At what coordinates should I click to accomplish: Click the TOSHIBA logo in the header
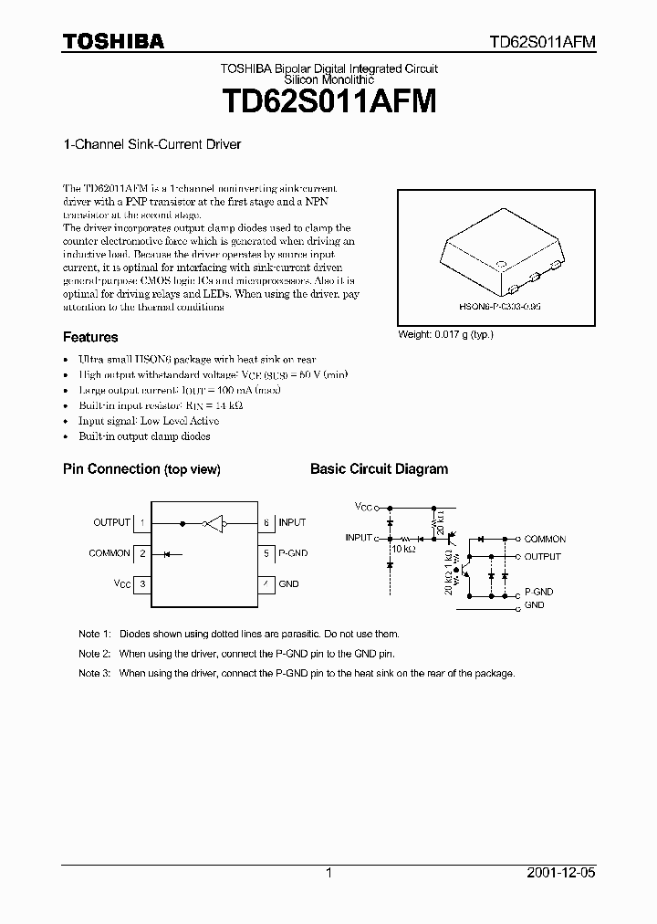coord(113,41)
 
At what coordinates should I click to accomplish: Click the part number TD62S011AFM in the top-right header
coord(543,42)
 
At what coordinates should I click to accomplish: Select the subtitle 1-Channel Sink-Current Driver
coord(151,144)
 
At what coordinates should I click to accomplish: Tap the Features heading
coord(90,337)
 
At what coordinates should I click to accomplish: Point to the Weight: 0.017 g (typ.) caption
coord(445,334)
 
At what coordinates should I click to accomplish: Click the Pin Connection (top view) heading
coord(141,469)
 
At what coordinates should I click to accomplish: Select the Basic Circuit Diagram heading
coord(379,469)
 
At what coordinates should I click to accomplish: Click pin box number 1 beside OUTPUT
coord(143,523)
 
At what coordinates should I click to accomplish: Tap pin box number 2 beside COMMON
coord(143,553)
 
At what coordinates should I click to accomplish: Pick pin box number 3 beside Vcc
coord(143,583)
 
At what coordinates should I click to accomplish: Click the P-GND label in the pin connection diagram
coord(294,553)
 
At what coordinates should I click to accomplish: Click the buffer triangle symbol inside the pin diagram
coord(214,523)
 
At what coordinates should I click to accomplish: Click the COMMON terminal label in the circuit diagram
coord(545,540)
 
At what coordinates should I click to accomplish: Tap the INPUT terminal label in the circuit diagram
coord(359,539)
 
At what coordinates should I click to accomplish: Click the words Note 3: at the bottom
coord(94,673)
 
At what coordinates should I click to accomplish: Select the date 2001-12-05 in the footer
coord(560,873)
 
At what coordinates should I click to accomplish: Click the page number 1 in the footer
coord(328,873)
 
